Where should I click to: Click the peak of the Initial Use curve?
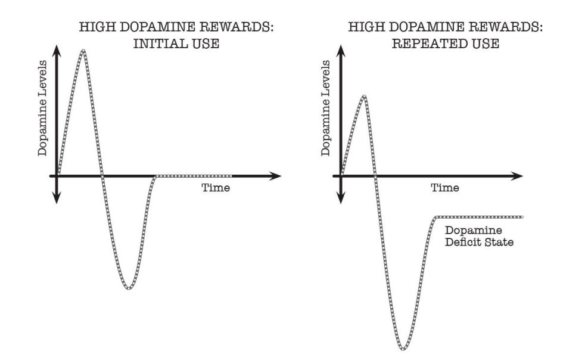click(x=83, y=51)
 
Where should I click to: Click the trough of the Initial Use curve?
click(x=129, y=288)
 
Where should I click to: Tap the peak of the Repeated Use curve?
click(x=363, y=96)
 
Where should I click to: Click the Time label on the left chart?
click(x=214, y=188)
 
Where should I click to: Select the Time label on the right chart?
click(x=445, y=188)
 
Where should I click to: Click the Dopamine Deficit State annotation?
click(x=479, y=236)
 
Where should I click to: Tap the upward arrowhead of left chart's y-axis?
click(x=57, y=50)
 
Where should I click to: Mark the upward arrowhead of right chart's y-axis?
click(x=341, y=50)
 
